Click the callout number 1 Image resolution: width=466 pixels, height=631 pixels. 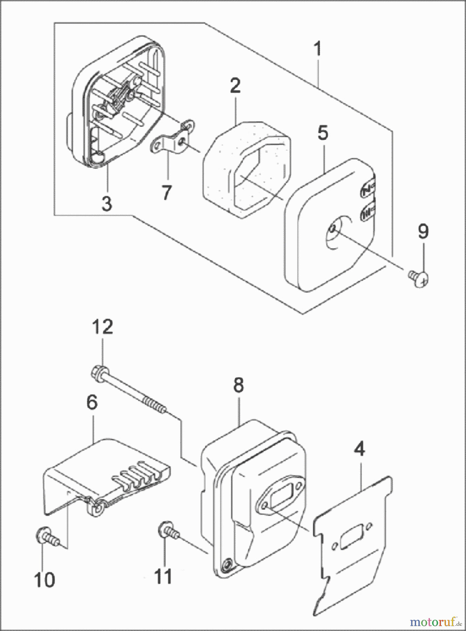point(317,49)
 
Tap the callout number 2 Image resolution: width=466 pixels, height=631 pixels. point(235,85)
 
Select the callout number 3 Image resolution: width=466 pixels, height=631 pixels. point(107,203)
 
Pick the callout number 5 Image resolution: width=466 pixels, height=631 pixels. point(323,134)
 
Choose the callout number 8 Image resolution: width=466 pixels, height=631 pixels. point(238,385)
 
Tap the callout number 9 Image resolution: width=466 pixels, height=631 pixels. point(423,232)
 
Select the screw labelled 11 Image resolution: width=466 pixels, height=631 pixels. point(169,530)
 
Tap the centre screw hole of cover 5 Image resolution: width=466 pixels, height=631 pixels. point(332,229)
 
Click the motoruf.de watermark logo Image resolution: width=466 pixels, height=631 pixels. point(436,622)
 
